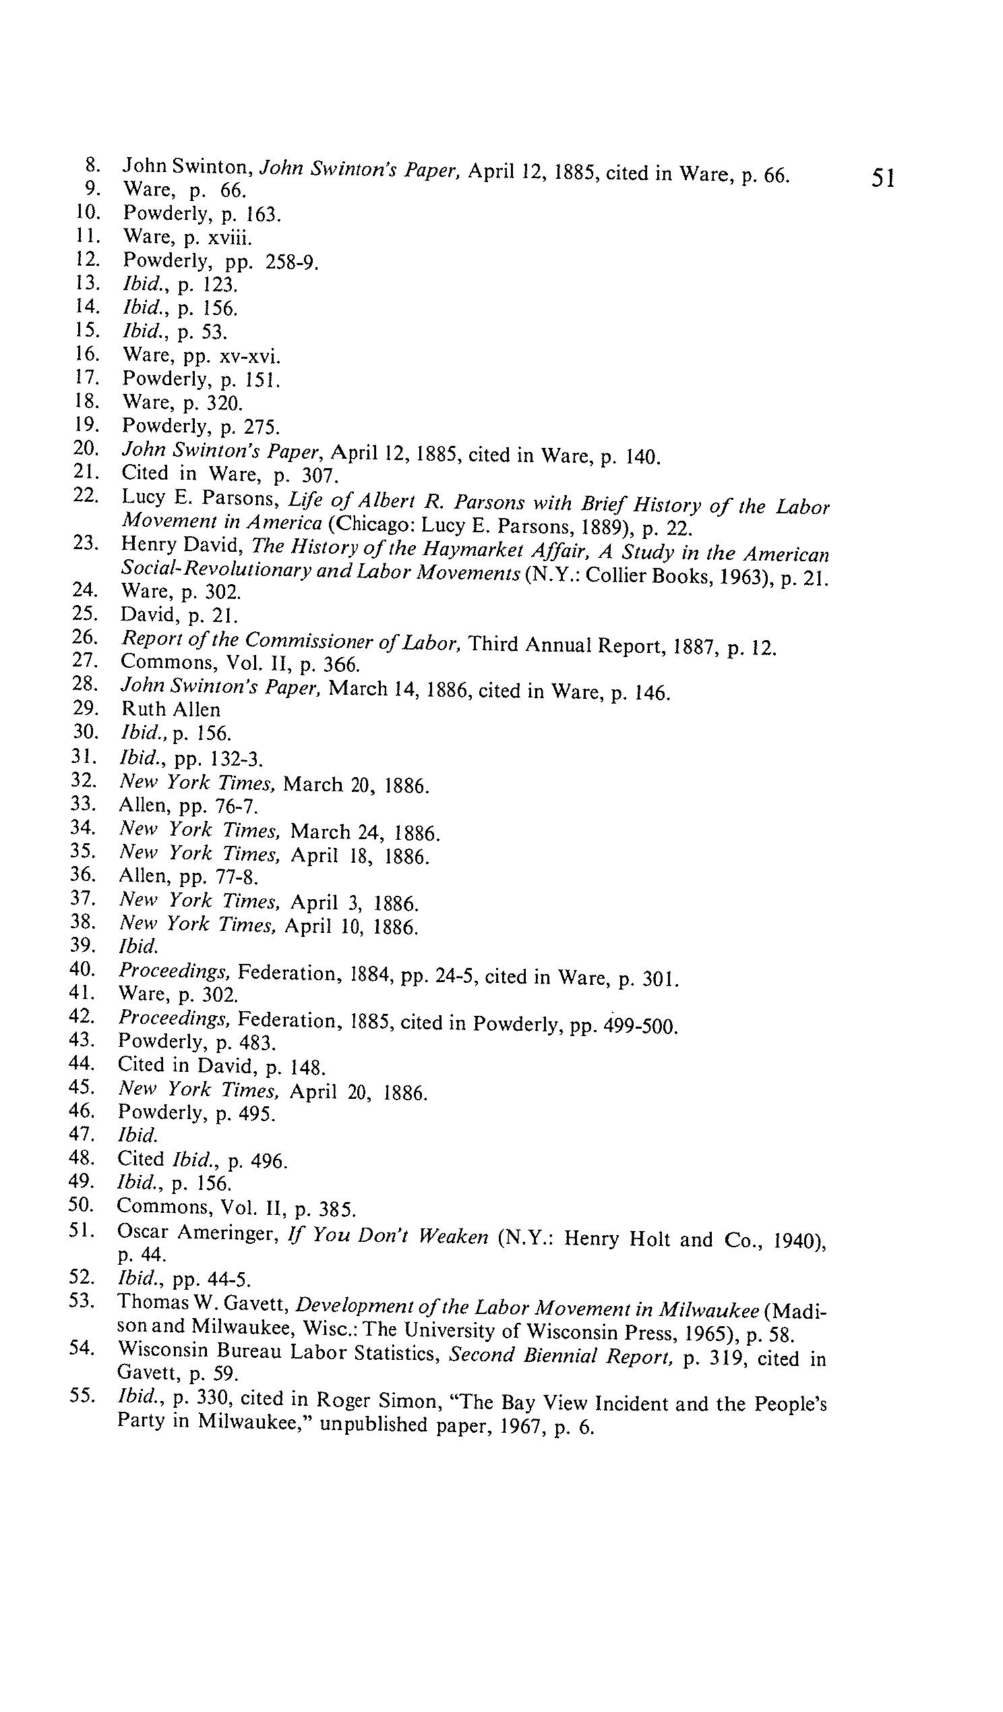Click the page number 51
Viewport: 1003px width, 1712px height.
click(x=883, y=178)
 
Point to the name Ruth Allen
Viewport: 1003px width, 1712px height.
click(x=171, y=709)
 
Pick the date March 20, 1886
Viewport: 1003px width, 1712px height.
click(x=356, y=785)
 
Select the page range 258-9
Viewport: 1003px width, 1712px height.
click(x=291, y=262)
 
